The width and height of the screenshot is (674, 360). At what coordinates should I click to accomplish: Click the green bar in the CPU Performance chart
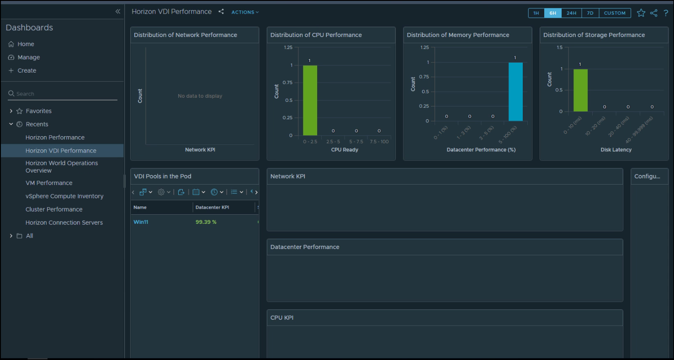click(310, 101)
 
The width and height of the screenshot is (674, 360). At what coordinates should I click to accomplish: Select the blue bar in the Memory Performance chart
click(515, 92)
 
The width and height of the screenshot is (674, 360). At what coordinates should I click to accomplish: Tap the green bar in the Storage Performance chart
click(580, 90)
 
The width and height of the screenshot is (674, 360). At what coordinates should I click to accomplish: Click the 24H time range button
click(571, 13)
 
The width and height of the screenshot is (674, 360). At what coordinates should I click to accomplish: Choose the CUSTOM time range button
click(615, 13)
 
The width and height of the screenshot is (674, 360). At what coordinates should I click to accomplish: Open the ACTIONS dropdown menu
click(245, 12)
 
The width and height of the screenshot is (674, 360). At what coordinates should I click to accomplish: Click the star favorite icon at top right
click(641, 13)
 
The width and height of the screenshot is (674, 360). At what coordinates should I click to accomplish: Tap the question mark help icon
click(666, 13)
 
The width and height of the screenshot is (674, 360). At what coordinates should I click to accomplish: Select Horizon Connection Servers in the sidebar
click(64, 222)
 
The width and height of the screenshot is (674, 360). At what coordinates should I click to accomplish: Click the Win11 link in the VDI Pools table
click(141, 222)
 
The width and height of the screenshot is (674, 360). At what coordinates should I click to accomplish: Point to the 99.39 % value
click(206, 222)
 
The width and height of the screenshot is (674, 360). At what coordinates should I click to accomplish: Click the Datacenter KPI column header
click(212, 207)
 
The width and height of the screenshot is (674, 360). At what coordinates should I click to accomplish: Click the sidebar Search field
click(64, 94)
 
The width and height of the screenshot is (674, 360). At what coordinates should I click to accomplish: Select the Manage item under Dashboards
click(29, 57)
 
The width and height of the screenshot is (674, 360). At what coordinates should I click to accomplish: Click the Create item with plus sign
click(27, 70)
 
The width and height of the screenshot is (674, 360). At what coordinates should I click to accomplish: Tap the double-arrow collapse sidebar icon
click(118, 11)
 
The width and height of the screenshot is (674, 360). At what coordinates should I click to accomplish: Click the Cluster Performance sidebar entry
click(54, 209)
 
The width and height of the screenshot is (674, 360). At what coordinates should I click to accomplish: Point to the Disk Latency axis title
click(616, 150)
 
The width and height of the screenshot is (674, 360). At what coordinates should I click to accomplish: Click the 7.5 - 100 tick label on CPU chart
click(379, 142)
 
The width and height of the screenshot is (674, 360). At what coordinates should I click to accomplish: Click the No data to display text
click(200, 96)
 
